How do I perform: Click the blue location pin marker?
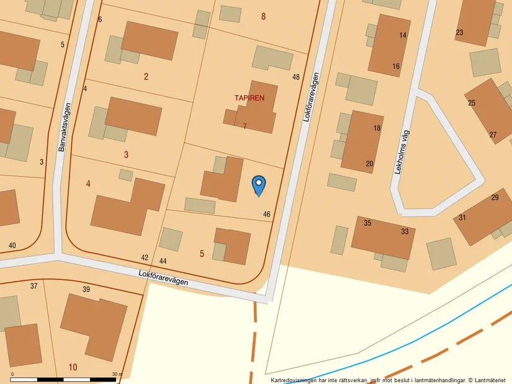(x=259, y=185)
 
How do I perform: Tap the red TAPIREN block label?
(x=249, y=98)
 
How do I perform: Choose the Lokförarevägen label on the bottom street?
(x=163, y=277)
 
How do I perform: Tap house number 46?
(x=267, y=215)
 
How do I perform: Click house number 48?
(x=296, y=78)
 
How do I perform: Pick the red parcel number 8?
(x=263, y=17)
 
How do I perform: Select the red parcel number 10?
(x=73, y=367)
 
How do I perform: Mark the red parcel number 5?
(x=202, y=253)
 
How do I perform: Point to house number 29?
(x=495, y=198)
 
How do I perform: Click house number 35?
(x=367, y=223)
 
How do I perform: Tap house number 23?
(x=459, y=33)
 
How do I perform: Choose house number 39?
(x=86, y=290)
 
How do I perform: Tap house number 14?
(x=403, y=35)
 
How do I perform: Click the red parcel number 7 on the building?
(x=245, y=126)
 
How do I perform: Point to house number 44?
(x=163, y=262)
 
